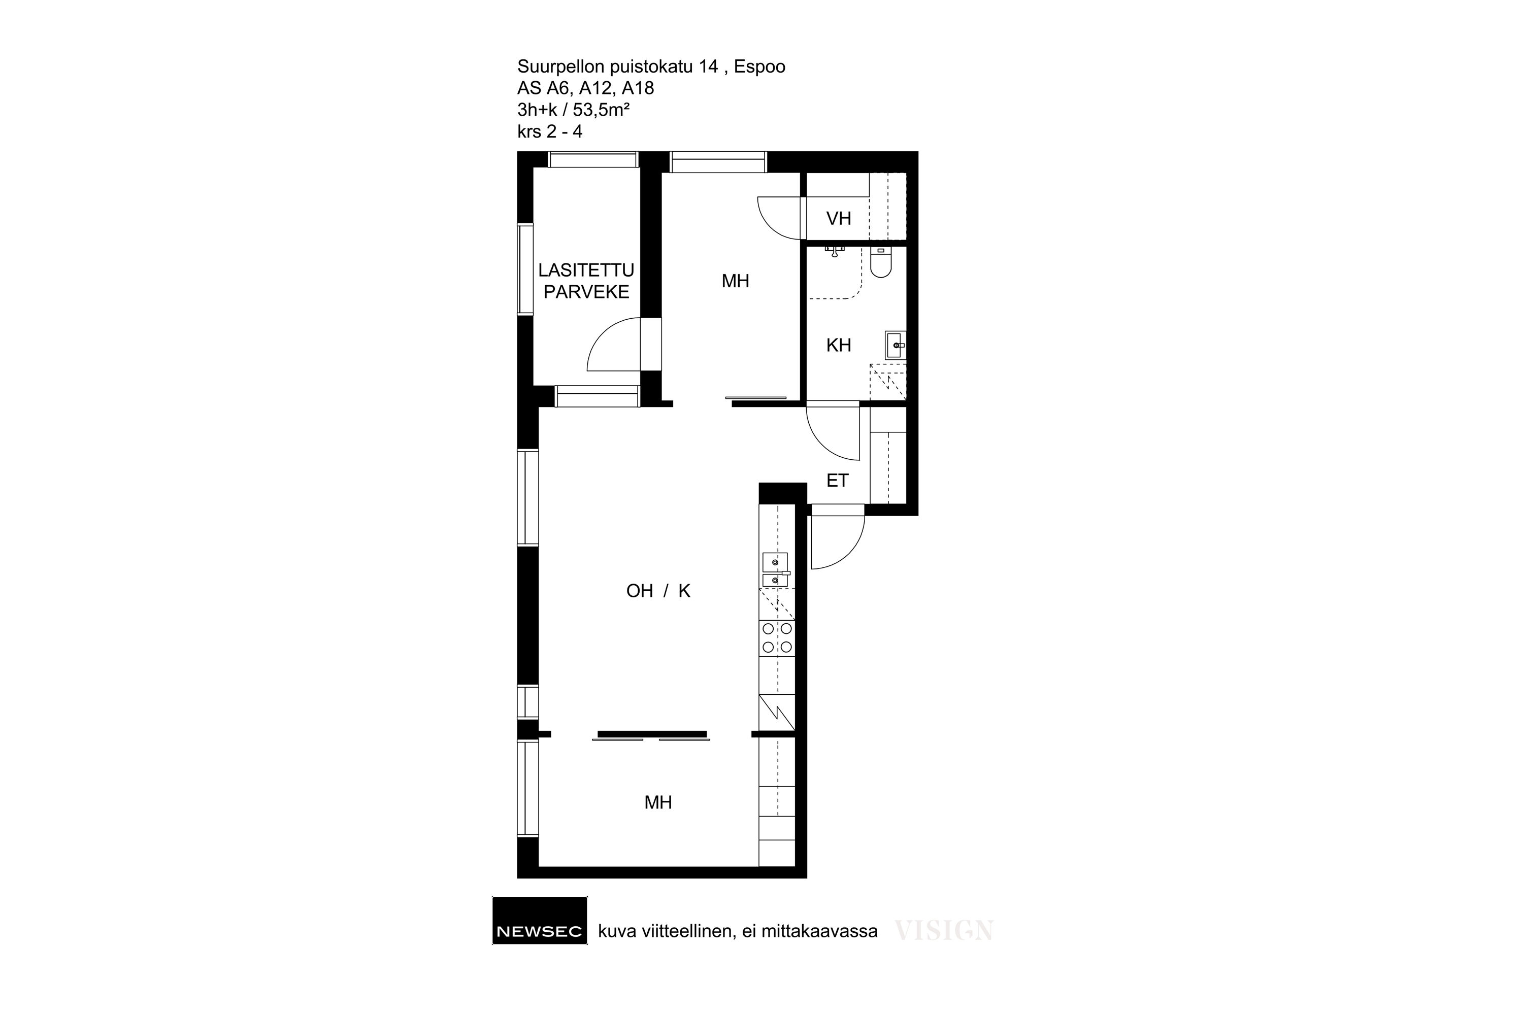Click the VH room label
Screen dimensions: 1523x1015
tap(839, 219)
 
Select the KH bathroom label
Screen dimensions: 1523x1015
tap(839, 345)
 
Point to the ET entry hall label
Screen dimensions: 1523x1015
tap(837, 480)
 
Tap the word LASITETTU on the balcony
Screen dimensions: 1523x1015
tap(586, 270)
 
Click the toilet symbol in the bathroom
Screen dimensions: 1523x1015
tap(881, 262)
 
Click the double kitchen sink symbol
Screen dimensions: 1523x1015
tap(776, 569)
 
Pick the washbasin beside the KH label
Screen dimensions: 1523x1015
tap(896, 345)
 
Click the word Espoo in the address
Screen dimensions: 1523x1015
tap(759, 66)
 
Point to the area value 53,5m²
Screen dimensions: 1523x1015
tap(602, 110)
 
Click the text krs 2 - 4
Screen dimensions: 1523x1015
tap(550, 131)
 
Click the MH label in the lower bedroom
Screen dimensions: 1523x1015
tap(658, 803)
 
